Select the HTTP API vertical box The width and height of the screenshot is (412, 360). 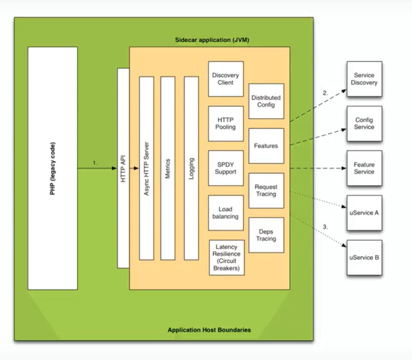(x=123, y=169)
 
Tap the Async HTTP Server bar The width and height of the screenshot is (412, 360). (x=146, y=169)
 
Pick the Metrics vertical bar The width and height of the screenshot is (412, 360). (x=168, y=169)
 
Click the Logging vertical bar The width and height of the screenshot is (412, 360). (x=191, y=169)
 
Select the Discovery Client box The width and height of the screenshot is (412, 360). (x=225, y=79)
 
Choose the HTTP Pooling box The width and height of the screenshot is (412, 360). (x=225, y=123)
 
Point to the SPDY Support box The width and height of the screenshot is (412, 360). (x=225, y=168)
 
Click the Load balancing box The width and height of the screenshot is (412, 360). (x=225, y=212)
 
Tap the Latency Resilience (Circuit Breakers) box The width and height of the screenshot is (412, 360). (x=226, y=257)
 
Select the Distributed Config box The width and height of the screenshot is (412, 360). (x=266, y=101)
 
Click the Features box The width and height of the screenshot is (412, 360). (x=266, y=146)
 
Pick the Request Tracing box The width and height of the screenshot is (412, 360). (x=266, y=190)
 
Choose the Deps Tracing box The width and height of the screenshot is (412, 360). (x=266, y=234)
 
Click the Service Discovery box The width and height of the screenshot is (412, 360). (x=364, y=79)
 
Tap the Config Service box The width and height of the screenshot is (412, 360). (x=364, y=123)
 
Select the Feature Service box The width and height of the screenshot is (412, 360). (x=364, y=168)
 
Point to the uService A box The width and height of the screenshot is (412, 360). (x=364, y=212)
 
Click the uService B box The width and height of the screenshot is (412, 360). (x=364, y=257)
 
